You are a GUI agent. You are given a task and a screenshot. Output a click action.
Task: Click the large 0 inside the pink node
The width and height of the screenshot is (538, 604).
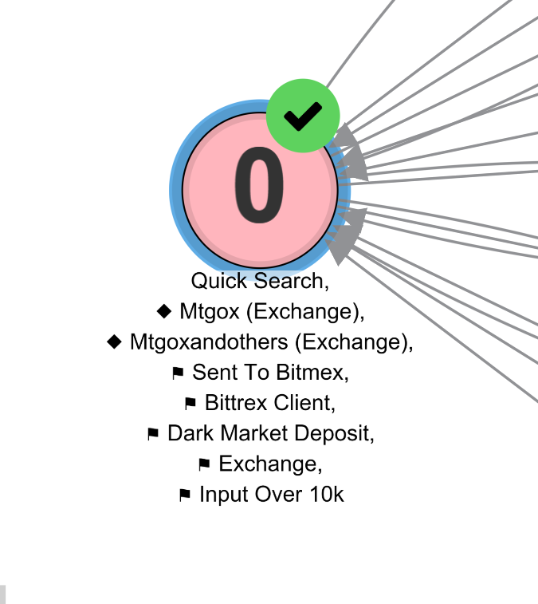(x=259, y=189)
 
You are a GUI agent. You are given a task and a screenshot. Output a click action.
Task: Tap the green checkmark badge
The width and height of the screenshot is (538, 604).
(x=303, y=116)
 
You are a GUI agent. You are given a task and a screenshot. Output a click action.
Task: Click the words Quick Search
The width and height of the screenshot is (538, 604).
(x=260, y=281)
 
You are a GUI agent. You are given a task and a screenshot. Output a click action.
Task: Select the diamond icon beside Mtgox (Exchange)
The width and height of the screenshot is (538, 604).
(x=165, y=310)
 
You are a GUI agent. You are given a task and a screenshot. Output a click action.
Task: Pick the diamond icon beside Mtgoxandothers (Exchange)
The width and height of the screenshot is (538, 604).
(x=115, y=341)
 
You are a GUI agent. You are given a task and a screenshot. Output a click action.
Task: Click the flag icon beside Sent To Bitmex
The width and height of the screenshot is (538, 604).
(x=178, y=373)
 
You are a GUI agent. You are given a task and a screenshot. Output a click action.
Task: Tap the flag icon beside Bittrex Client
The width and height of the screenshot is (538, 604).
(x=190, y=403)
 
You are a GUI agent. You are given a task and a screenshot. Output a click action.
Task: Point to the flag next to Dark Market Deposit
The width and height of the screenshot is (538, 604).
(x=153, y=434)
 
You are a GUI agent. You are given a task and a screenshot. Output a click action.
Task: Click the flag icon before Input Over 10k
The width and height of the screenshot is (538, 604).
(x=185, y=495)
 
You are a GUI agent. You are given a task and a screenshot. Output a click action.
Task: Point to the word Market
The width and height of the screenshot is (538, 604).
(x=256, y=433)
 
